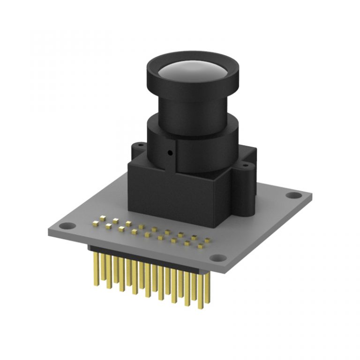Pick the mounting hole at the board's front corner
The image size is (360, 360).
(217, 257)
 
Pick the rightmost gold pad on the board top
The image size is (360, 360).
(207, 240)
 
